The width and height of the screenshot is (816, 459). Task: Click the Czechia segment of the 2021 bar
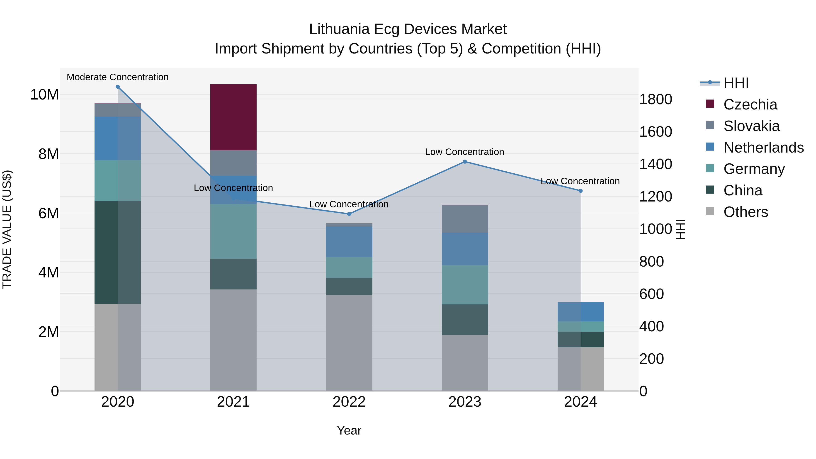coord(233,117)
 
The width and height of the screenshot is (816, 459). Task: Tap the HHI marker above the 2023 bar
coord(465,162)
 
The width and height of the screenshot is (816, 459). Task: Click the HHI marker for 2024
coord(580,191)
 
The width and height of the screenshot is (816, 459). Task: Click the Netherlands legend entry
coord(763,148)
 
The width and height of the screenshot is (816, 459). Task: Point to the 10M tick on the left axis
coord(44,95)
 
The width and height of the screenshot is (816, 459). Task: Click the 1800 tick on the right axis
coord(655,100)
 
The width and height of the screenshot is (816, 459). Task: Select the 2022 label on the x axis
coord(349,402)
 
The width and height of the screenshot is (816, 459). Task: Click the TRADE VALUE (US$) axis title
coord(7,229)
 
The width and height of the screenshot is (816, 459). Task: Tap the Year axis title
coord(349,430)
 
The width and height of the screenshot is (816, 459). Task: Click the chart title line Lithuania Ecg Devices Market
coord(408,29)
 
